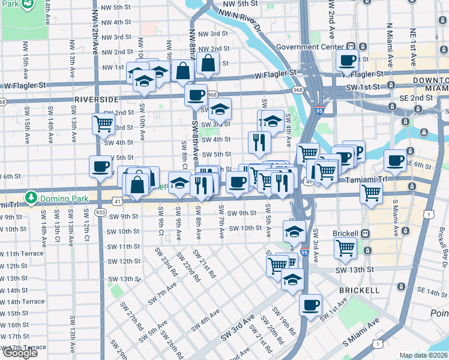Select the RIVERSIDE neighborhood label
tap(97, 99)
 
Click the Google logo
tap(20, 353)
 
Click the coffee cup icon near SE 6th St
tap(395, 160)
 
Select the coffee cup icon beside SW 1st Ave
tap(310, 304)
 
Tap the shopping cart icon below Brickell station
tap(345, 247)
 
